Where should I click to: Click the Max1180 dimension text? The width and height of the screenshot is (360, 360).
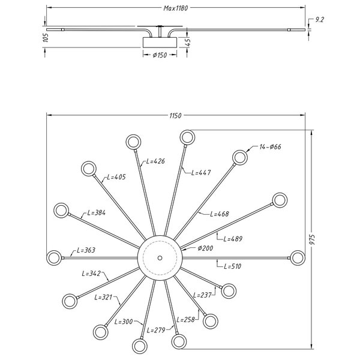coord(176,8)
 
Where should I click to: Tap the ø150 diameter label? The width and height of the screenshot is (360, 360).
coord(160,55)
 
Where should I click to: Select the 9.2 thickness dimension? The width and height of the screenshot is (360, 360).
coord(319,20)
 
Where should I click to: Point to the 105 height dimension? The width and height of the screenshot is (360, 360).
coord(46,37)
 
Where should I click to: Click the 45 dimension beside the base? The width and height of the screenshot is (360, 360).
coord(188,42)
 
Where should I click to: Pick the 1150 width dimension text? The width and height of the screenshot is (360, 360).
coord(175,116)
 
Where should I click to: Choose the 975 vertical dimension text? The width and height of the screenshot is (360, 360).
coord(312,239)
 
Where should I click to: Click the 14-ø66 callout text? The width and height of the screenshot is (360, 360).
coord(270,147)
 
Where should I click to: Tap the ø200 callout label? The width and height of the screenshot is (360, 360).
coord(205,248)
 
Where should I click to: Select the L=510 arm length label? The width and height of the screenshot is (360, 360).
coord(233,266)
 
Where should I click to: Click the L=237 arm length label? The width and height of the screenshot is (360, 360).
coord(202,295)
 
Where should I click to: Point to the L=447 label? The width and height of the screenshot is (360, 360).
coord(201,172)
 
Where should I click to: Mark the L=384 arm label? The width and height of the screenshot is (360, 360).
coord(97,213)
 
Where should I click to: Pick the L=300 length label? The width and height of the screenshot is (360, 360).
coord(124,322)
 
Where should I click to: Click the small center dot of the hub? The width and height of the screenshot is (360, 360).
coord(160,258)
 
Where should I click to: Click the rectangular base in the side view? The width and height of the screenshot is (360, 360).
coord(160,42)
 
